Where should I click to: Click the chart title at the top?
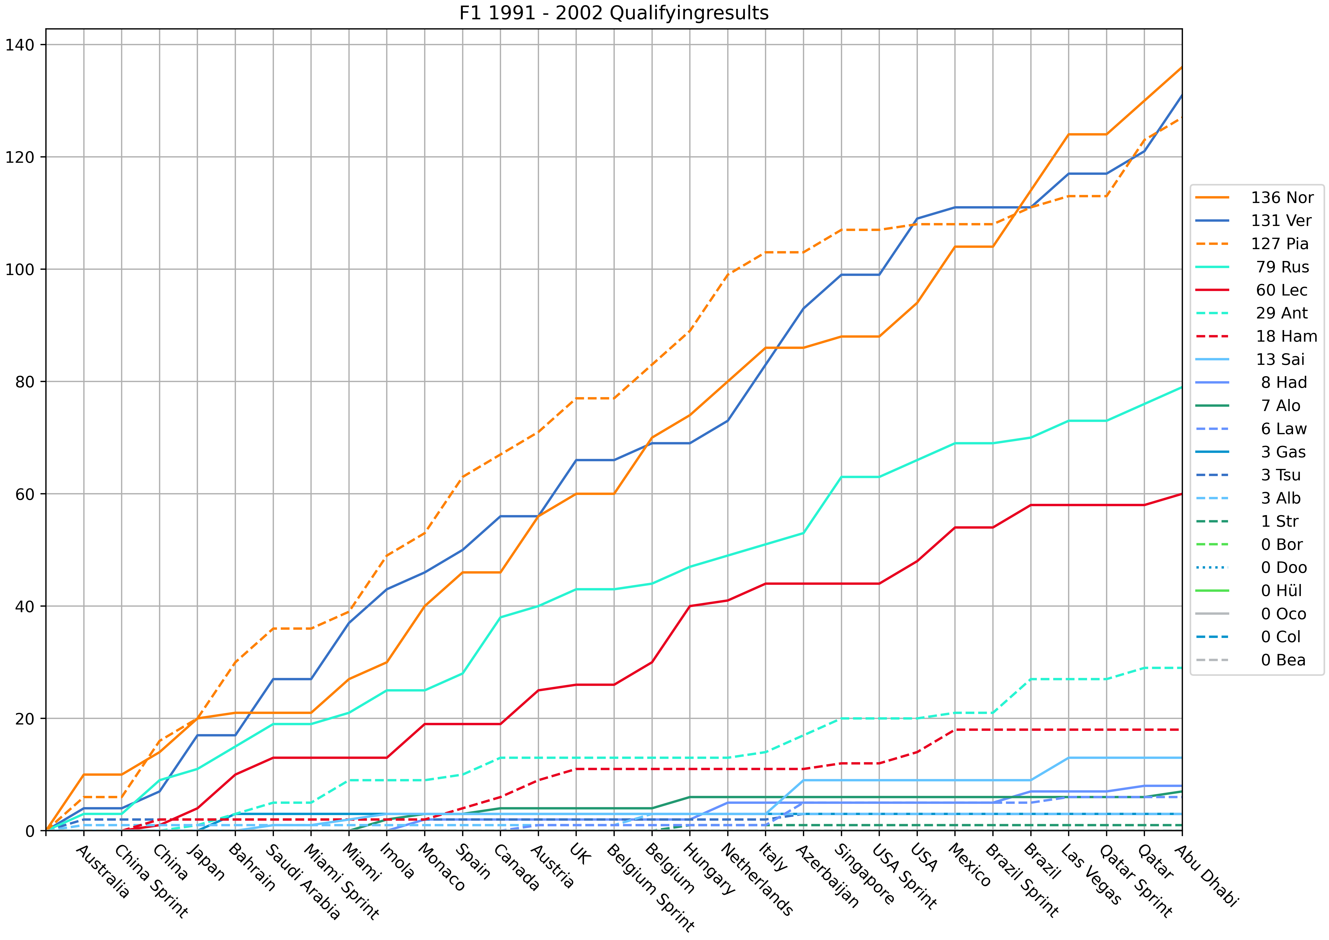click(613, 13)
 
